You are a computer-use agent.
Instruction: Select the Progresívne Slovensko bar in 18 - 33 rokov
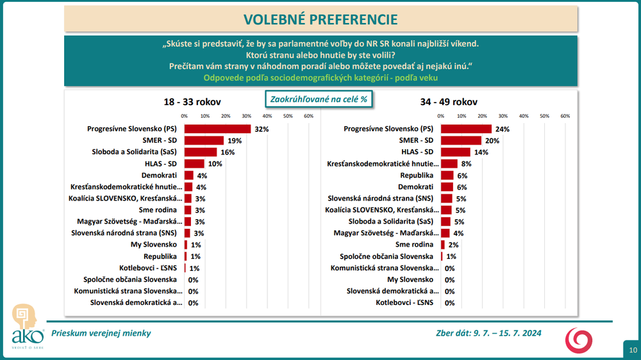click(217, 129)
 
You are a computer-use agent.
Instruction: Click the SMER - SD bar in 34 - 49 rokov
click(461, 140)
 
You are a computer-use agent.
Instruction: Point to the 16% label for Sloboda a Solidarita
click(228, 152)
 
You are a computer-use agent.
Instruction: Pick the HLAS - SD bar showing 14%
click(455, 152)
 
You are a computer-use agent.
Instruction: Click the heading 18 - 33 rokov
click(192, 102)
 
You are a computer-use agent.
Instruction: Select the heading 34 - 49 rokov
click(449, 102)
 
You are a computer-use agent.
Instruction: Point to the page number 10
click(633, 350)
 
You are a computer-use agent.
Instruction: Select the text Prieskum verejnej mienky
click(101, 333)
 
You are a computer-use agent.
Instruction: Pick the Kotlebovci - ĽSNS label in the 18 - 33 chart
click(148, 268)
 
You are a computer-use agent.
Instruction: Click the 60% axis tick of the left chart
click(308, 116)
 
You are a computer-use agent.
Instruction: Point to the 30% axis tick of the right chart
click(503, 116)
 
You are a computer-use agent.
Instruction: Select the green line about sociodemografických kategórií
click(320, 78)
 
